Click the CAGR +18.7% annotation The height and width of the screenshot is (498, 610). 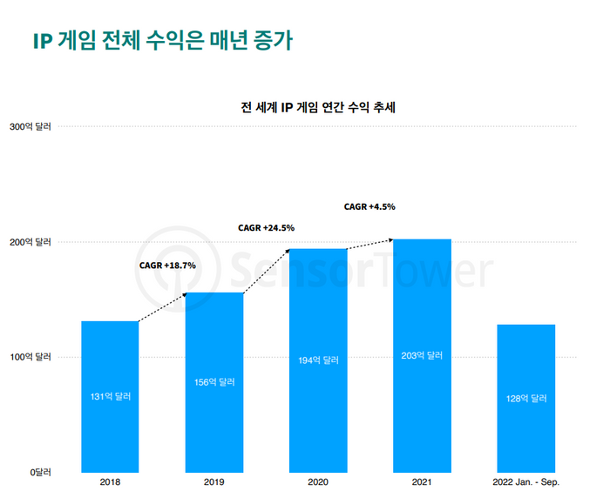(167, 266)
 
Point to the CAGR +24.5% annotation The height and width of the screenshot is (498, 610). (266, 228)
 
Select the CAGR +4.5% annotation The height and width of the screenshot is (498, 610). (369, 206)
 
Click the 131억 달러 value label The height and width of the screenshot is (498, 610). (110, 397)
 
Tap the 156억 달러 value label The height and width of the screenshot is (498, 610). (213, 382)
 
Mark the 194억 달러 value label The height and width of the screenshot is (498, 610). (318, 360)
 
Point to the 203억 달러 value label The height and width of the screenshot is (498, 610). (422, 355)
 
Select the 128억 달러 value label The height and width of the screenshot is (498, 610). (526, 399)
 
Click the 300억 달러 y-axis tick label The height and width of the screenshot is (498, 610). (30, 127)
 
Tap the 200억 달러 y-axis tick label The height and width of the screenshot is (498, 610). (30, 242)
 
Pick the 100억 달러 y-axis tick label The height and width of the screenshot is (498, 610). (30, 357)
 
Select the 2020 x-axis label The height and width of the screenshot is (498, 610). (318, 481)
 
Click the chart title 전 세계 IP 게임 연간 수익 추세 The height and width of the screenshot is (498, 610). (318, 108)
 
